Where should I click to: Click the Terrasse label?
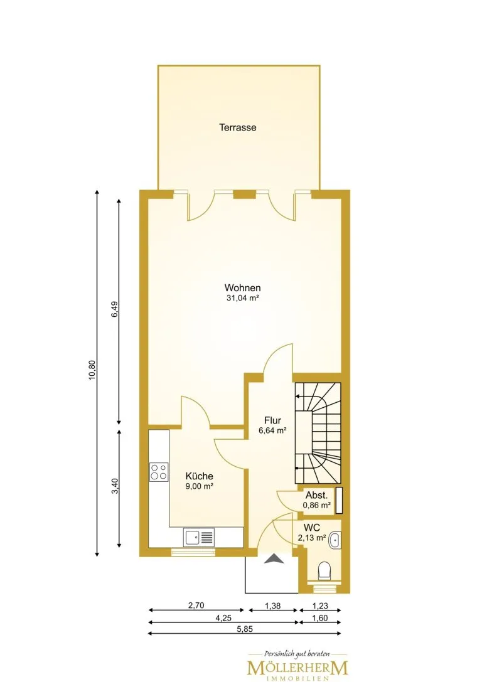pos(237,127)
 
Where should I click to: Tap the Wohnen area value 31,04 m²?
pos(242,298)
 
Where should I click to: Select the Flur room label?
pos(273,420)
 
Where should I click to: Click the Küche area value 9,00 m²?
pos(199,486)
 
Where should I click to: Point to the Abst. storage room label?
pos(317,496)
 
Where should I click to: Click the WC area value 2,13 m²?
pos(312,538)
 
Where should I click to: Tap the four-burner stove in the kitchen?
pos(159,472)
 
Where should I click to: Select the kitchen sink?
pos(199,536)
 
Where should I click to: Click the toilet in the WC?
pos(324,571)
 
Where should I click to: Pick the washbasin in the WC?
pos(335,540)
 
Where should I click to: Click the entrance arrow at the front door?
pos(274,558)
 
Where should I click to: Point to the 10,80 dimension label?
pos(92,370)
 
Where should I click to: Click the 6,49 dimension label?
pos(115,309)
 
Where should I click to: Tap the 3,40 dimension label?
pos(115,486)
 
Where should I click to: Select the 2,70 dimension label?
pos(196,605)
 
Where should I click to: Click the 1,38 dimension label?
pos(273,605)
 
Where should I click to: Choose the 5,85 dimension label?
pos(245,629)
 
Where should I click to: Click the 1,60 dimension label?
pos(320,617)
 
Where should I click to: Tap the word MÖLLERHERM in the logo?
pos(297,668)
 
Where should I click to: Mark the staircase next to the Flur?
pos(318,433)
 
